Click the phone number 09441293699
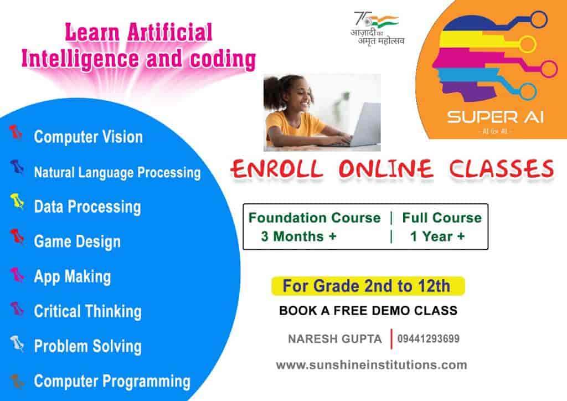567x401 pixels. (x=429, y=339)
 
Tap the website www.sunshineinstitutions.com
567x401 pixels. (x=372, y=365)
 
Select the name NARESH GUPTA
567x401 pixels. (x=335, y=339)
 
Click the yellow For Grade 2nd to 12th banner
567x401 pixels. (x=368, y=286)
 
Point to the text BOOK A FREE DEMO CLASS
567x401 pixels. (x=368, y=311)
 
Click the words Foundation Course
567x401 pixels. (x=315, y=218)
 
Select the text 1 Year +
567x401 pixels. (x=437, y=237)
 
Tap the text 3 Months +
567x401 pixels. (x=298, y=237)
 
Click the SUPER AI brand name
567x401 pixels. (x=496, y=117)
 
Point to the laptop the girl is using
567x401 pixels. (x=363, y=125)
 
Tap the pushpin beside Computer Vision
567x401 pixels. (x=16, y=133)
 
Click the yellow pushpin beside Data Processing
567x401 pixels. (x=17, y=202)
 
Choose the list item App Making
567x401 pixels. (x=73, y=277)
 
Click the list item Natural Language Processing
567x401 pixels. (x=117, y=172)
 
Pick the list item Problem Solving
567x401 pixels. (x=87, y=346)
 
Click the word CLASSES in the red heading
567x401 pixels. (x=501, y=169)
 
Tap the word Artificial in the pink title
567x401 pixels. (x=169, y=33)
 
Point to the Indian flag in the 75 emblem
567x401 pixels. (x=384, y=22)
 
